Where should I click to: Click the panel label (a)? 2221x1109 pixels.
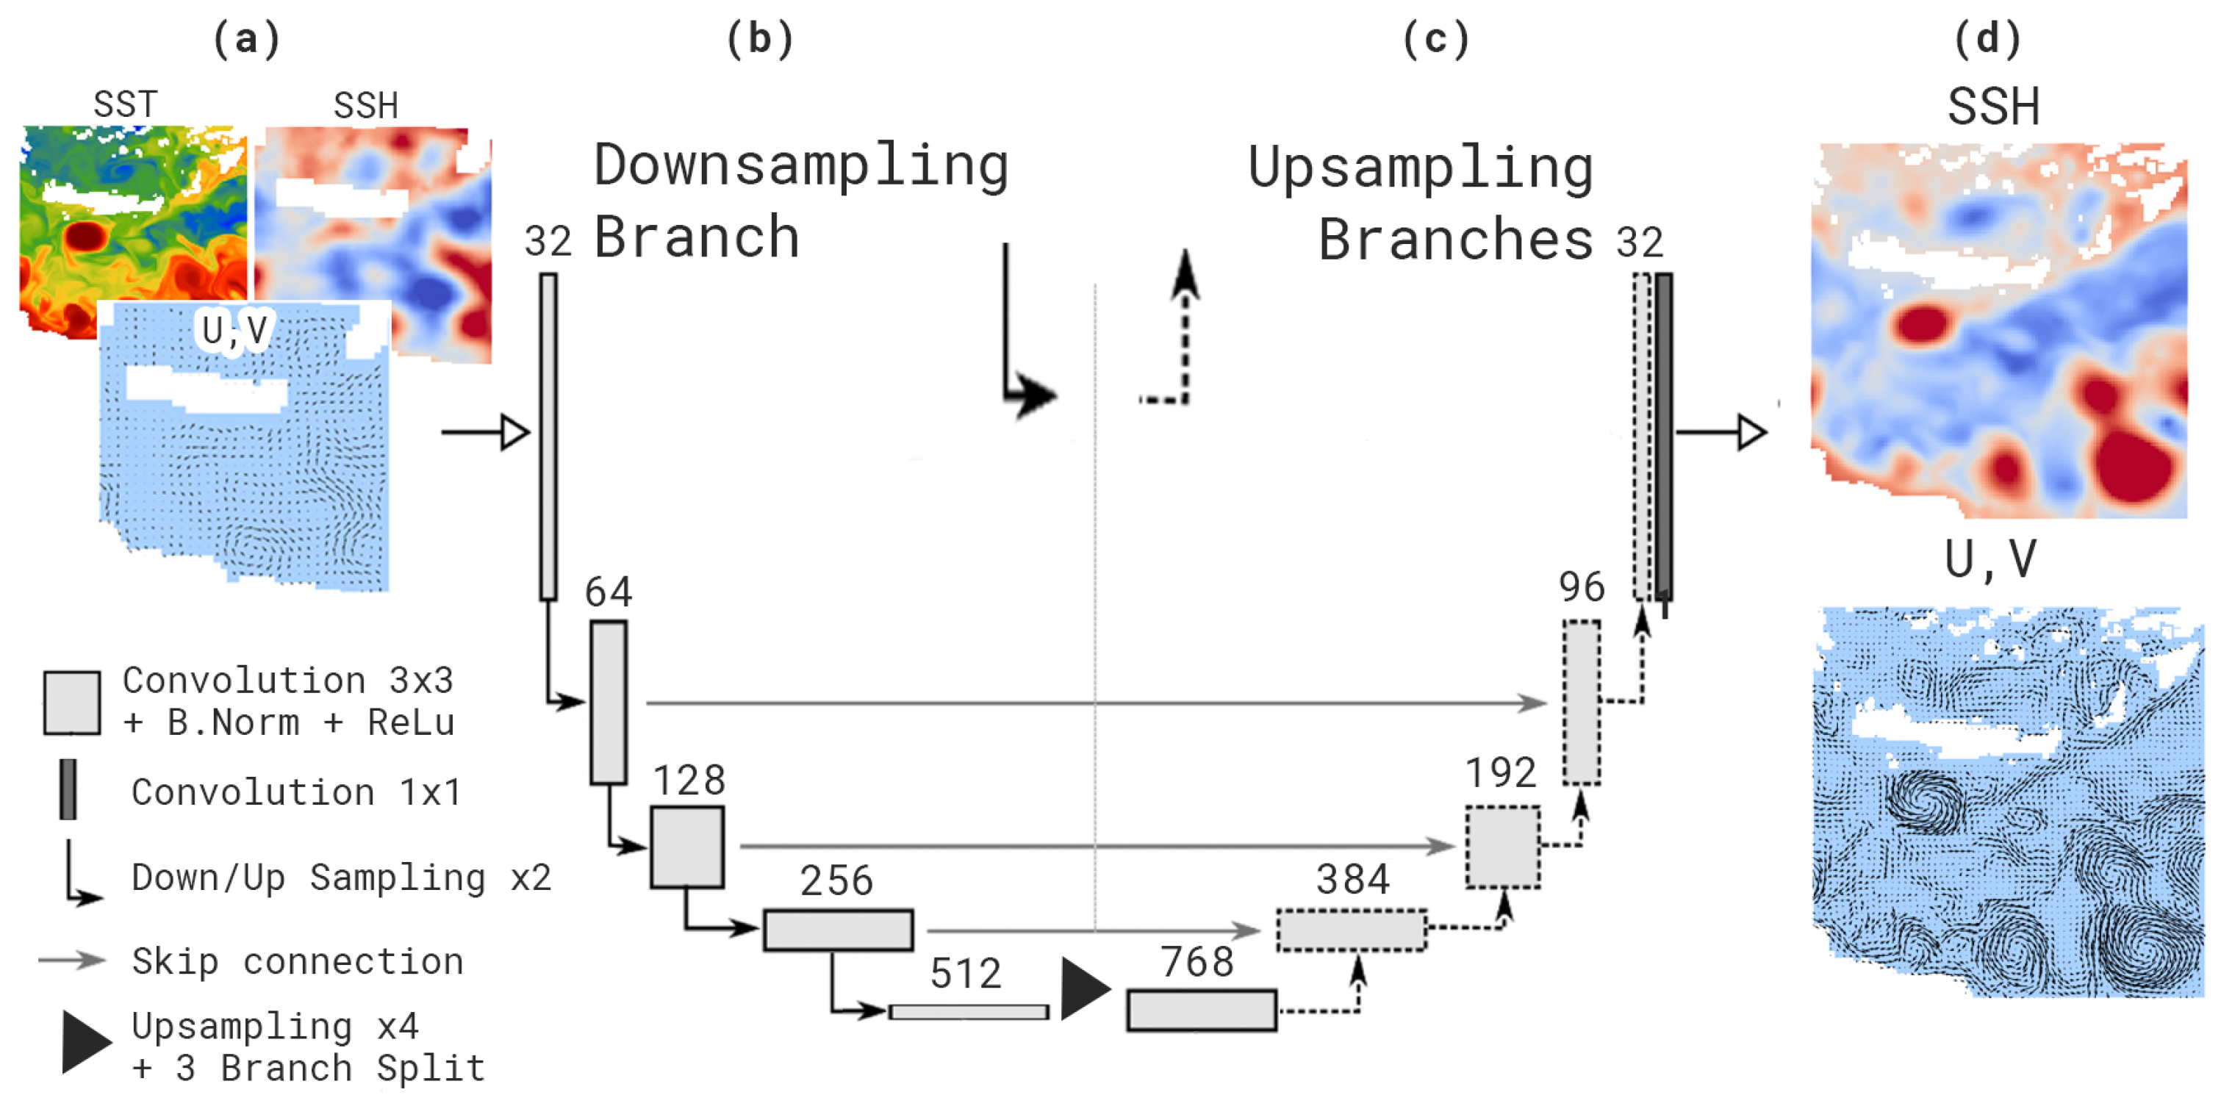(248, 39)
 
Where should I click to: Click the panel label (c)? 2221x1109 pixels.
(1435, 39)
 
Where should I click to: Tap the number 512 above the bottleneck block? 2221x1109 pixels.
(965, 974)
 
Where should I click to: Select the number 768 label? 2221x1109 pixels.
(1196, 961)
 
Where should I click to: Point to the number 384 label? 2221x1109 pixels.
(1353, 880)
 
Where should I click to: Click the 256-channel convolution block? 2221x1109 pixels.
(838, 930)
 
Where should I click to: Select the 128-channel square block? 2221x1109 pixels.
(687, 847)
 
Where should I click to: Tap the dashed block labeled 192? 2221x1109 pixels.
(1503, 847)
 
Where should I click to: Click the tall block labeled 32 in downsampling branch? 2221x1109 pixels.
(548, 437)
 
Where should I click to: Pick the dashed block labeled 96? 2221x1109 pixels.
(1582, 703)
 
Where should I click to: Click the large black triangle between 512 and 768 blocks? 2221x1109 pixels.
(1084, 988)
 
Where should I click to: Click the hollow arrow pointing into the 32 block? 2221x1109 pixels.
(514, 432)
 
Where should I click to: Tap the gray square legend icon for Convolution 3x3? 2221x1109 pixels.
(73, 703)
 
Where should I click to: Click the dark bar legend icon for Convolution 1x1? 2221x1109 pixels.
(68, 789)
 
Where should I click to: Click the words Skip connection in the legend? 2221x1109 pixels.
(298, 961)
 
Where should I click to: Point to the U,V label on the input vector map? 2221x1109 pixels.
(234, 329)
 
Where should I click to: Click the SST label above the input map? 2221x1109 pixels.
(126, 104)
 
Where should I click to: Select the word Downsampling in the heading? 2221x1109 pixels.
(801, 165)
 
